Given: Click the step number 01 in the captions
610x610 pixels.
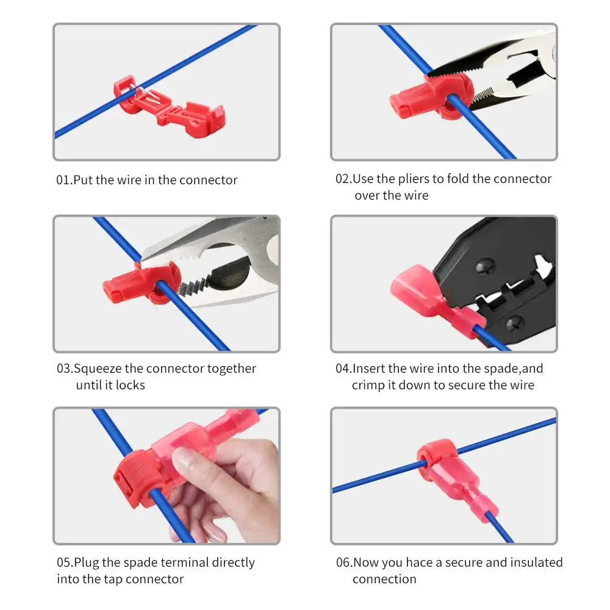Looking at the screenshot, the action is click(x=63, y=180).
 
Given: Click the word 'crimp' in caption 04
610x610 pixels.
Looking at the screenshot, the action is click(x=368, y=385).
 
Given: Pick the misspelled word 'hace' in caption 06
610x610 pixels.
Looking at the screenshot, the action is click(x=420, y=562).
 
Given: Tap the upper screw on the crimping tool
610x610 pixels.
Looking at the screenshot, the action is click(x=485, y=267).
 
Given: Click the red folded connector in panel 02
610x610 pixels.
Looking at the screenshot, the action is click(x=431, y=97).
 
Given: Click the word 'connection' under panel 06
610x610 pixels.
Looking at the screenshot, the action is click(x=384, y=579).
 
